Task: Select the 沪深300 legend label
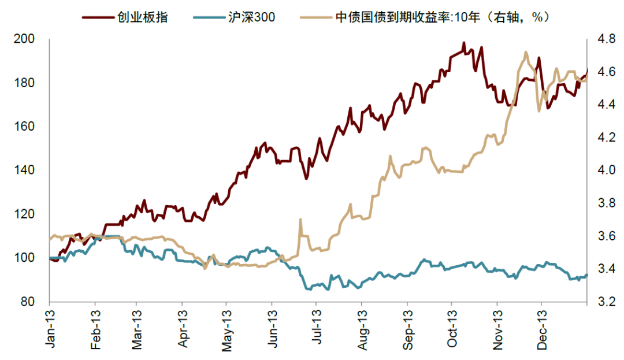[252, 17]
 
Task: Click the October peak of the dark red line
[463, 43]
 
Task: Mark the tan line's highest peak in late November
[525, 52]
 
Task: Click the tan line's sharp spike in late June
[300, 220]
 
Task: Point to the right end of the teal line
[586, 275]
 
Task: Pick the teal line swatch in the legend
[214, 17]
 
